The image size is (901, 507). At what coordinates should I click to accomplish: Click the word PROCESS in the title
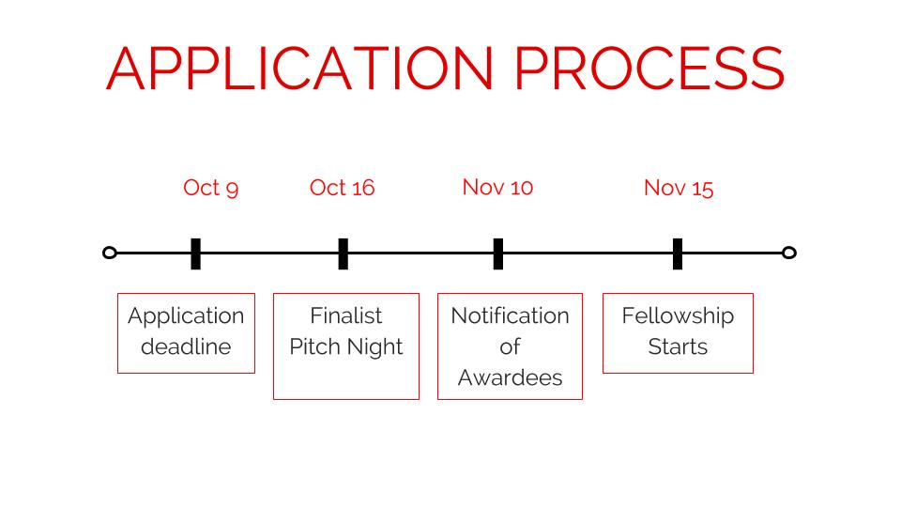point(649,69)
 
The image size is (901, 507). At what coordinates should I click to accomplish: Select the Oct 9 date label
point(211,188)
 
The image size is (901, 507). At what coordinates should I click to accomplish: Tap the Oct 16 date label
point(342,188)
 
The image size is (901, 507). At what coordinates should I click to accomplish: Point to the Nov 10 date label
point(497,188)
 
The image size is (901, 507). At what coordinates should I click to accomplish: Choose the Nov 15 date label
point(679,188)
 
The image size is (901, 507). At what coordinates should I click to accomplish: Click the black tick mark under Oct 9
point(196,253)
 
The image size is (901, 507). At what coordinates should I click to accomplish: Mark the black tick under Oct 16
point(344,253)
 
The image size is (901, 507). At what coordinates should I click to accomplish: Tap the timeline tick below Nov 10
point(498,253)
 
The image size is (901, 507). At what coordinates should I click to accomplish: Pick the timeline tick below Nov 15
point(678,253)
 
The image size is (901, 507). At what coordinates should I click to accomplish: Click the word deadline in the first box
point(186,346)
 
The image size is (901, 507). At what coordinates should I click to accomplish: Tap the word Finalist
point(346,315)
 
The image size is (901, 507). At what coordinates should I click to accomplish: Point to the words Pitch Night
point(346,347)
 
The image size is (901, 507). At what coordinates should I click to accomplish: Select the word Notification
point(510,315)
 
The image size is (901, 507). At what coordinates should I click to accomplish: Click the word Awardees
point(511,377)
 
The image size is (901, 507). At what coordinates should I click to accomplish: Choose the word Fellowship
point(678,316)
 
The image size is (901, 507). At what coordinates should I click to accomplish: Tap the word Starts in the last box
point(678,346)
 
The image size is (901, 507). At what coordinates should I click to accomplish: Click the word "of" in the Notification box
point(510,346)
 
